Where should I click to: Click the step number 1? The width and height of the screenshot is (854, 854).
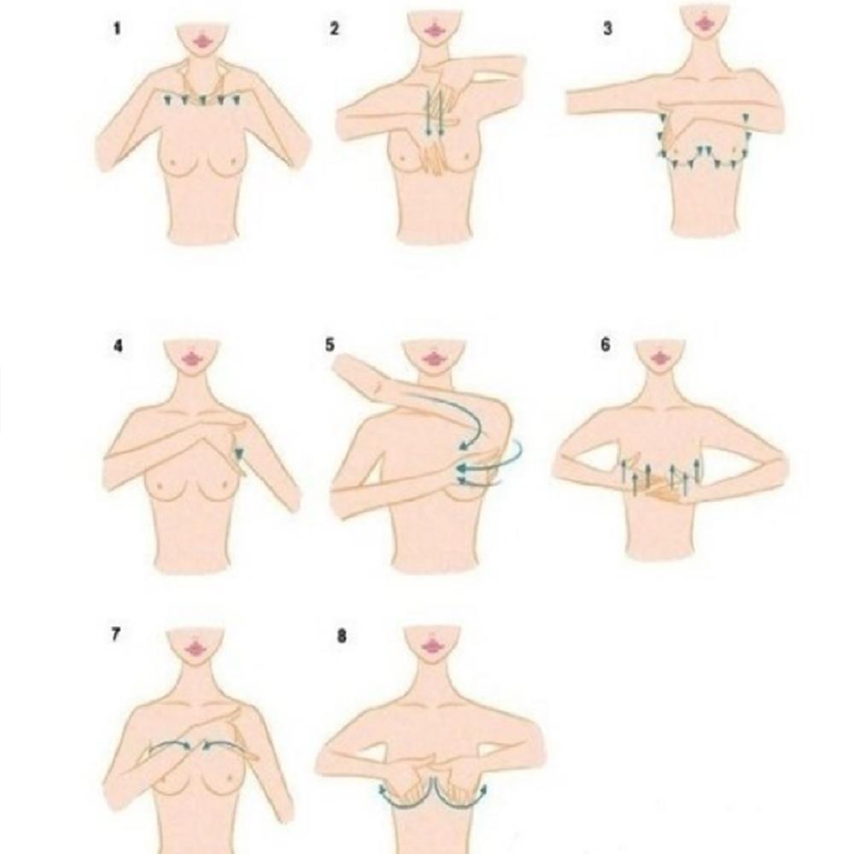(x=116, y=29)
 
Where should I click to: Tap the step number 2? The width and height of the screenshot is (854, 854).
(x=335, y=29)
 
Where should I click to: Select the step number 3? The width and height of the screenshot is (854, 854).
(x=608, y=28)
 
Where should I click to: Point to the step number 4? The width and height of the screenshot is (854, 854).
(x=118, y=345)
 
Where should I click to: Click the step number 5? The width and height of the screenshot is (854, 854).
(x=330, y=345)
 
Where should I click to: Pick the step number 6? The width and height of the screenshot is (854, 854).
(x=605, y=345)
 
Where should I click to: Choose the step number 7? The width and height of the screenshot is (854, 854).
(x=115, y=635)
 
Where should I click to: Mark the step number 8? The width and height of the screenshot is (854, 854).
(x=342, y=636)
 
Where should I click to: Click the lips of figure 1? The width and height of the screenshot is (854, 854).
(x=203, y=41)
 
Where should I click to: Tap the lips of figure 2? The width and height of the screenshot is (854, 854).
(x=434, y=29)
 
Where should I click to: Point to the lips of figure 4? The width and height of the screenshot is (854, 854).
(x=191, y=359)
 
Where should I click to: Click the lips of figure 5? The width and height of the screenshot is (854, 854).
(x=434, y=359)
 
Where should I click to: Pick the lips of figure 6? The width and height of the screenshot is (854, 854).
(x=661, y=358)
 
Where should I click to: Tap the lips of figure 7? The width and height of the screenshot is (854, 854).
(x=195, y=648)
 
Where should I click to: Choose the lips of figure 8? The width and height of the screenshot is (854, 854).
(x=432, y=646)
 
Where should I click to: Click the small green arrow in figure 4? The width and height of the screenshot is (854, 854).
(x=238, y=453)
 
